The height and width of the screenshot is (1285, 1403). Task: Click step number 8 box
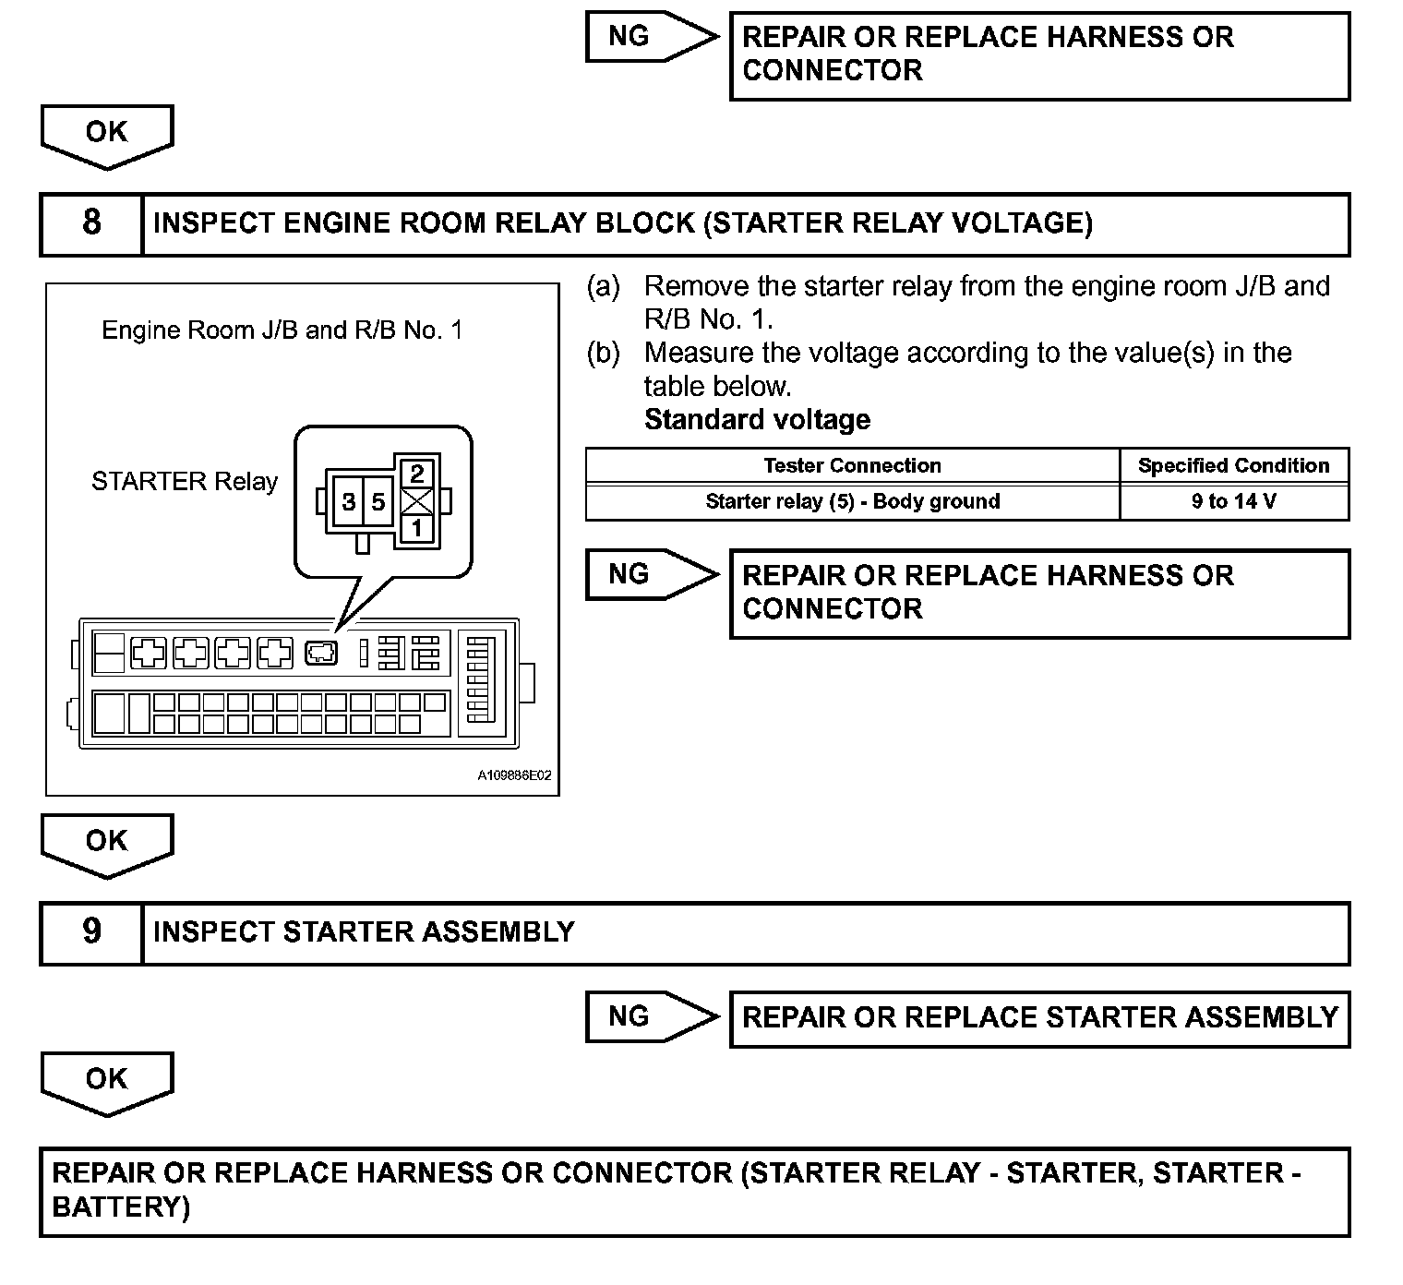pos(91,223)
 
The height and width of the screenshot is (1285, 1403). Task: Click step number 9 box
pos(91,932)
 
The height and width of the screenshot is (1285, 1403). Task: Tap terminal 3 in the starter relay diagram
pos(349,501)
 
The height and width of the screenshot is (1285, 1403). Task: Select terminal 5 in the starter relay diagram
pos(378,501)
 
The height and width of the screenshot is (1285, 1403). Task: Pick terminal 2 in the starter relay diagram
pos(417,474)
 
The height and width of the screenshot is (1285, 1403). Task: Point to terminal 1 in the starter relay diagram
pos(417,527)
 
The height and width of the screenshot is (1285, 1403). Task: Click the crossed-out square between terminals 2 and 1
pos(417,501)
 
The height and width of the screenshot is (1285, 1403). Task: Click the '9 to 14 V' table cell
pos(1233,501)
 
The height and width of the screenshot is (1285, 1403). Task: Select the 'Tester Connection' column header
pos(852,465)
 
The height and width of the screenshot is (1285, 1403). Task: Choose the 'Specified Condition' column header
pos(1233,465)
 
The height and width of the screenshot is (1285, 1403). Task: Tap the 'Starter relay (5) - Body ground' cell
pos(852,501)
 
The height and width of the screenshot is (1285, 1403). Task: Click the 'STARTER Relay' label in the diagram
pos(185,481)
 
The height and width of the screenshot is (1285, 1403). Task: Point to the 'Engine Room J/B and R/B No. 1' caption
pos(282,330)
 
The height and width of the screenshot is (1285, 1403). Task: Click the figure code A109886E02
pos(514,775)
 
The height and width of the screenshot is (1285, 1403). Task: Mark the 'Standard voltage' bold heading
pos(757,420)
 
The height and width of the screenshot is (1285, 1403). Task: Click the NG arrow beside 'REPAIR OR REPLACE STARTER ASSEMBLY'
pos(651,1016)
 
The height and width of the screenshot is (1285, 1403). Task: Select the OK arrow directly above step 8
pos(106,134)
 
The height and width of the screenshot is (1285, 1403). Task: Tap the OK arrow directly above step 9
pos(106,843)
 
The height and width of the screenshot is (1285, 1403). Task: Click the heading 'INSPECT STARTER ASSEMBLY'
pos(364,932)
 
